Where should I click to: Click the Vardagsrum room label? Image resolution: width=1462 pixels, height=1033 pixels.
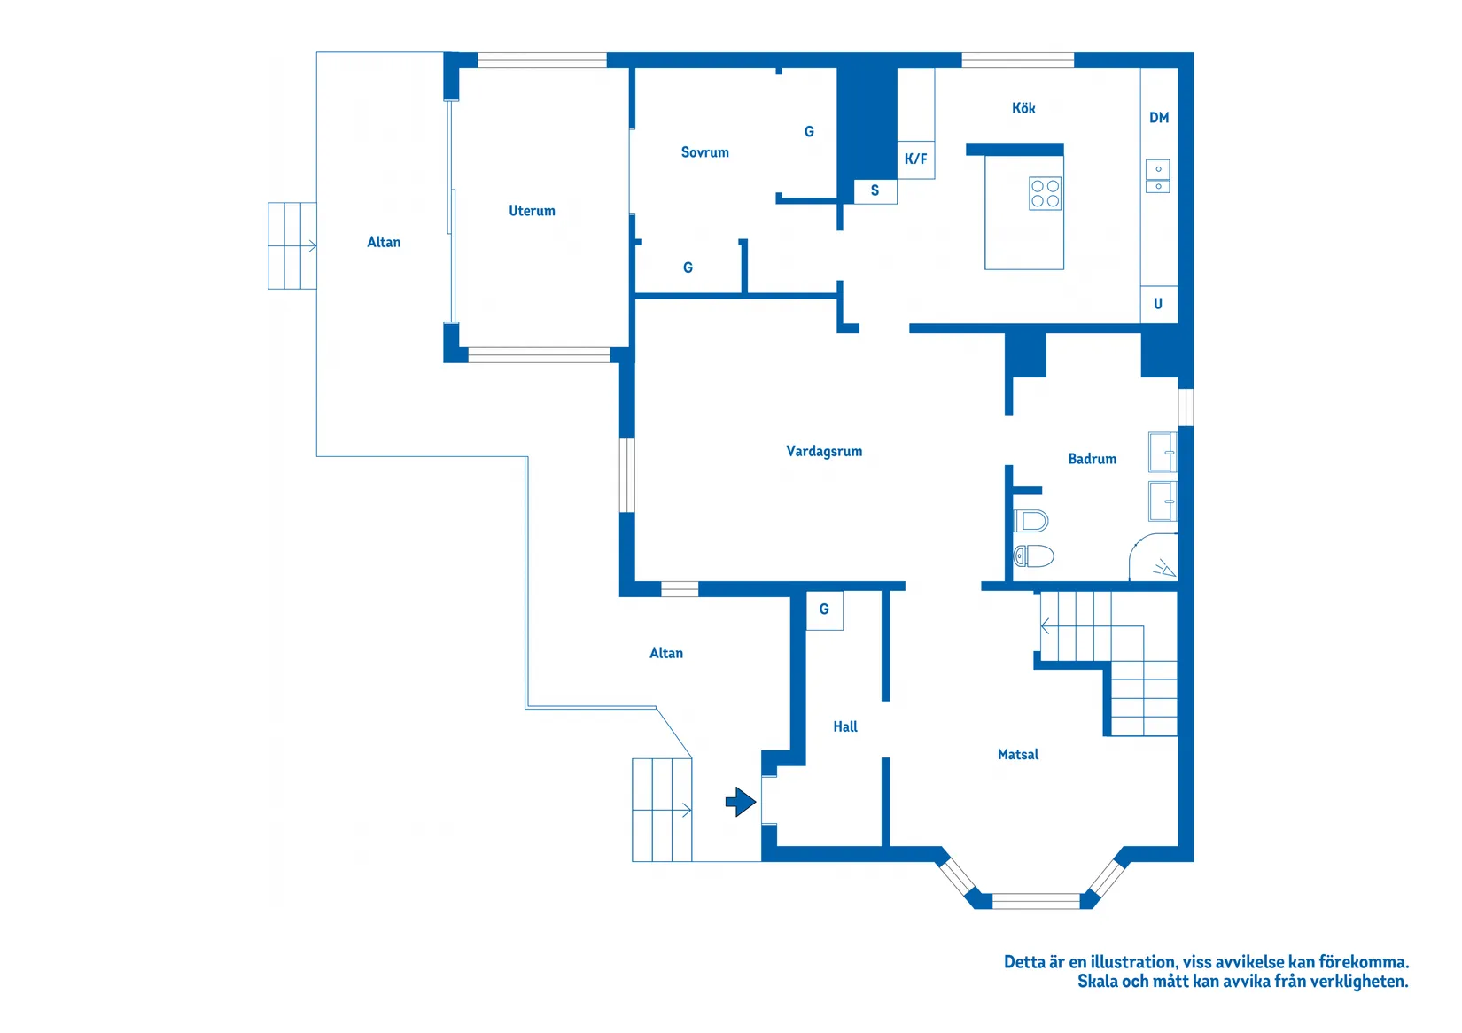coord(824,452)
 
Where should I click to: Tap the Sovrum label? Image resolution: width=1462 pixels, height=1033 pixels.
coord(705,152)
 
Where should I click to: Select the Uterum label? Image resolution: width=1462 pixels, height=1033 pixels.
coord(532,211)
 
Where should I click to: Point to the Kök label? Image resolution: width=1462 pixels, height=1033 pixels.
coord(1023,108)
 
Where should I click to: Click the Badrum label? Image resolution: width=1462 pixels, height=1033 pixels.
coord(1092,459)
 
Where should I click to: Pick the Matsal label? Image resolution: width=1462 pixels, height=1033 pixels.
coord(1018,754)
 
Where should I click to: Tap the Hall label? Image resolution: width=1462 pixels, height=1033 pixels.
coord(845,726)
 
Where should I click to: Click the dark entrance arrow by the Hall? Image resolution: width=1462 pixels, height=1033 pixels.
coord(741,802)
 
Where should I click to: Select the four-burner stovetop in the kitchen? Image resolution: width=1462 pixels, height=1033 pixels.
coord(1045,193)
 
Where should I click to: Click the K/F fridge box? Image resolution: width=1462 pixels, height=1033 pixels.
coord(915,159)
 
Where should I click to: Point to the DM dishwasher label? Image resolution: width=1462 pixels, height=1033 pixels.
coord(1159,118)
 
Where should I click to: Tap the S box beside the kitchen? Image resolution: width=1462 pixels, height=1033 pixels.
coord(875,191)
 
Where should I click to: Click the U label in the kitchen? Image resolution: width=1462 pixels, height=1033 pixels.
coord(1158,304)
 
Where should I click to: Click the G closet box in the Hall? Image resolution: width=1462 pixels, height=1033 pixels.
coord(824,610)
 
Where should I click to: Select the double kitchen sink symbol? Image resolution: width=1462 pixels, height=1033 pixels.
coord(1158,176)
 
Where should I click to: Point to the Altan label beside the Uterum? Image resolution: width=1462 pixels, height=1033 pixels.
coord(384,242)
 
